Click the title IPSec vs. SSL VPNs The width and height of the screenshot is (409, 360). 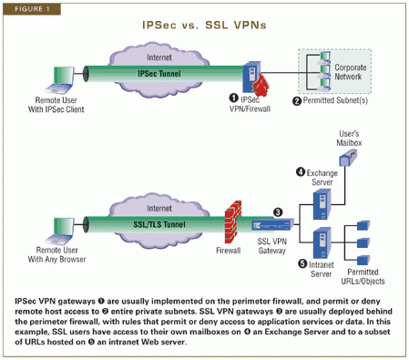pyautogui.click(x=204, y=26)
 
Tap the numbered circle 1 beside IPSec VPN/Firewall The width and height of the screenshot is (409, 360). pyautogui.click(x=234, y=97)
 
